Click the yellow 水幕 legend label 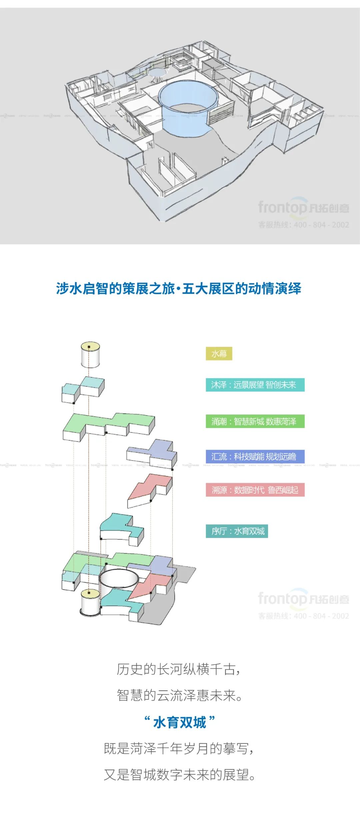click(219, 354)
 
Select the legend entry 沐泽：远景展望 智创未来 click(255, 385)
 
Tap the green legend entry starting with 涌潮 click(255, 422)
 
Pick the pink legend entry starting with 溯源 click(255, 490)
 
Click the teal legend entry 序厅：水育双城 click(237, 531)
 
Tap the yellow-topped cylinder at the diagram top click(90, 354)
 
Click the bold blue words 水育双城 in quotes click(179, 723)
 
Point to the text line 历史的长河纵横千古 click(179, 669)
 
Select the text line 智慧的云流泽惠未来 click(179, 696)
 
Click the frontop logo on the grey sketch click(303, 208)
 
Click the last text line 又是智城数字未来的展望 click(179, 775)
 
